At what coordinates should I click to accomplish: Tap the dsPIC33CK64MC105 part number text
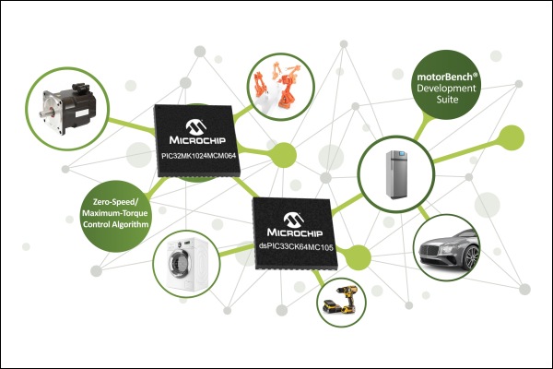click(296, 247)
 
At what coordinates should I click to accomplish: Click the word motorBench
click(445, 77)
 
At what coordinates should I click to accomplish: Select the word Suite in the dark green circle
click(447, 100)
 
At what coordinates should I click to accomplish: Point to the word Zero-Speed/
click(116, 202)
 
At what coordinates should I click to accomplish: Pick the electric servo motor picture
click(67, 109)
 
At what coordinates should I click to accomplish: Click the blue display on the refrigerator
click(402, 154)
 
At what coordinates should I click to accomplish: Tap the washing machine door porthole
click(176, 261)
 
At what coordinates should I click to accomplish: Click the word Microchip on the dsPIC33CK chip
click(295, 232)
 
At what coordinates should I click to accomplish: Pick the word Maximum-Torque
click(115, 213)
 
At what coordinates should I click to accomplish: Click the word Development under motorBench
click(446, 88)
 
